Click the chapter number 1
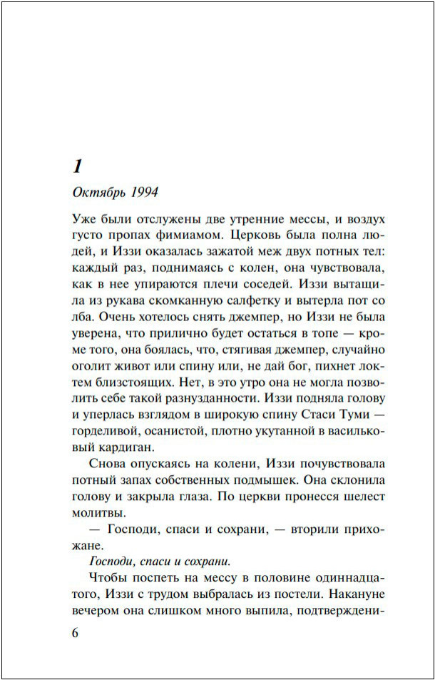78,167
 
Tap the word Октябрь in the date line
99,193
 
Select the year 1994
143,193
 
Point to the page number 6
76,634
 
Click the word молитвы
99,512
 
